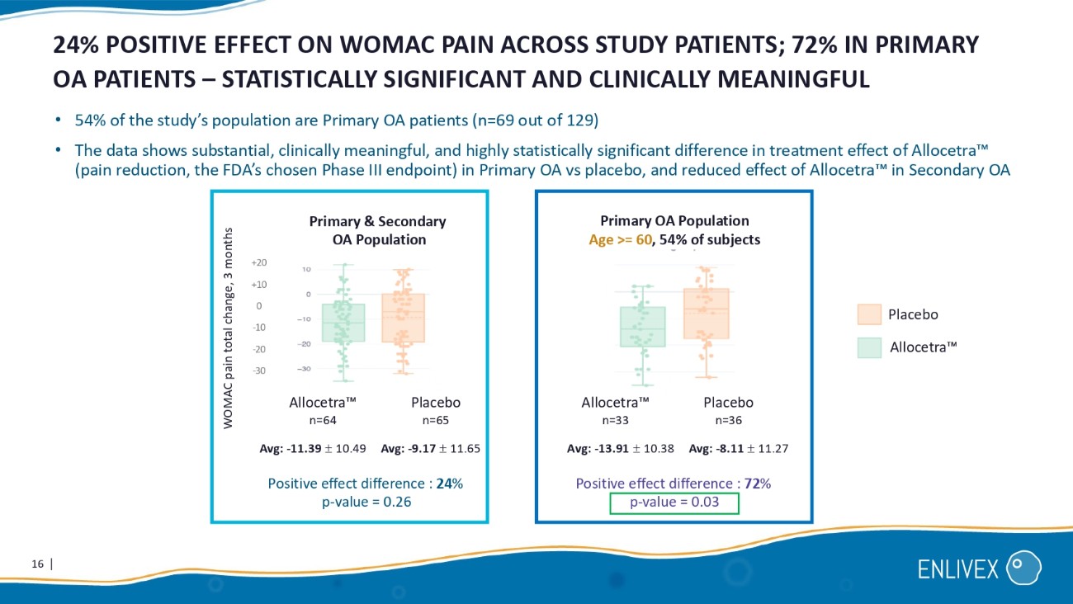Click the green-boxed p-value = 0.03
(674, 503)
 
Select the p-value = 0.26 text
(366, 503)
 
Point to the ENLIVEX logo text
(957, 569)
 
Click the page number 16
(36, 564)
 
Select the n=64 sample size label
(323, 420)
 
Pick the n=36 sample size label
(729, 420)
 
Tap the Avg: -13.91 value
(621, 450)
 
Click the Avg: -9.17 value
(430, 450)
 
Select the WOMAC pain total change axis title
(229, 327)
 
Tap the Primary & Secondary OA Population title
(377, 230)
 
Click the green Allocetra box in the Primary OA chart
(643, 327)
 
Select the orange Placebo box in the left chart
(403, 318)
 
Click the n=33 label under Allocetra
(615, 420)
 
